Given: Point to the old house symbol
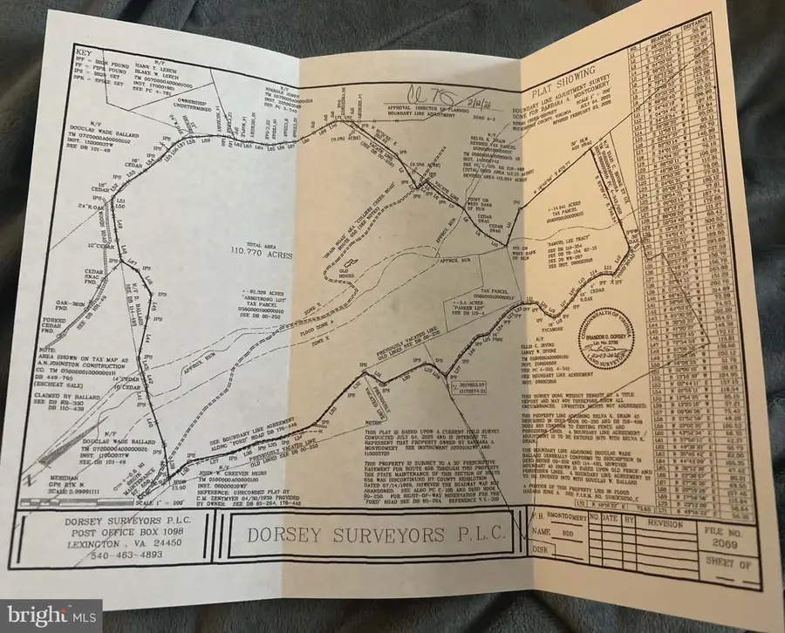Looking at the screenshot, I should pyautogui.click(x=352, y=262).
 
